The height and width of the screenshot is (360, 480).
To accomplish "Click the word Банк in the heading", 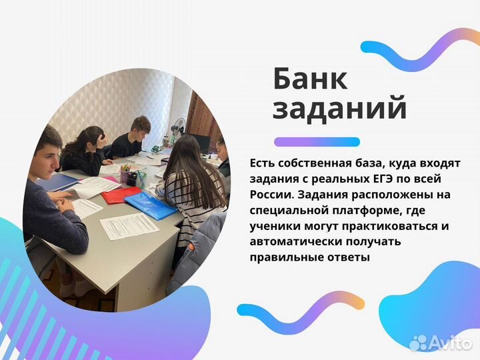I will [310, 79].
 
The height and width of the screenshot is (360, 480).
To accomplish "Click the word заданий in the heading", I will [339, 108].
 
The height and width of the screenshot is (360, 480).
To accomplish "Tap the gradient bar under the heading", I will [317, 141].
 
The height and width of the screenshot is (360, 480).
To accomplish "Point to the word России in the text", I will [270, 195].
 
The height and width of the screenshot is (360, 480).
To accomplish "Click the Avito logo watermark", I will [440, 342].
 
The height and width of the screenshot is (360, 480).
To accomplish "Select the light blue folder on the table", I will [151, 204].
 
